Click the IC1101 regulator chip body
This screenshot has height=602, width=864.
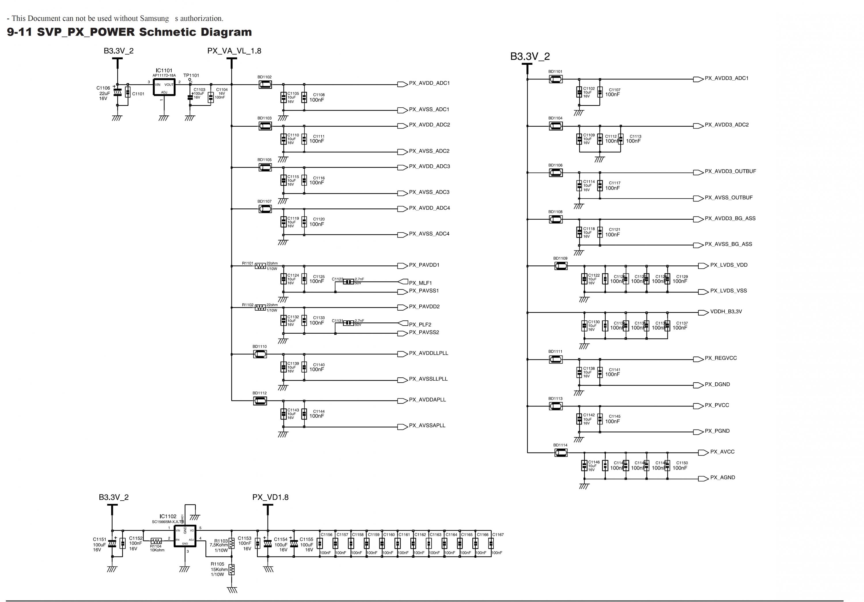(164, 87)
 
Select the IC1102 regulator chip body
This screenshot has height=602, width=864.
(185, 536)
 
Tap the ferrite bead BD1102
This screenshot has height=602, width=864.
(265, 85)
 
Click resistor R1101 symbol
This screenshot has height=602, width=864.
(260, 266)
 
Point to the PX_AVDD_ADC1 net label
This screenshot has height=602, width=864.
(429, 83)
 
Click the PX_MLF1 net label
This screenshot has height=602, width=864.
(420, 283)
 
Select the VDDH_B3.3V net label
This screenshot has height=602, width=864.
(726, 312)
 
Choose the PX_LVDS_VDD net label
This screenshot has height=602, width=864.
(729, 265)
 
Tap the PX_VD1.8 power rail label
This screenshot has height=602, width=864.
(270, 497)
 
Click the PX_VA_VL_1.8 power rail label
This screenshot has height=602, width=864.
(234, 51)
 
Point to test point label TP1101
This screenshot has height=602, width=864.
(191, 75)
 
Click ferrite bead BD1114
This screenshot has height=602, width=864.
(561, 453)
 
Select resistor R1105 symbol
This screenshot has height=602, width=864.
(232, 569)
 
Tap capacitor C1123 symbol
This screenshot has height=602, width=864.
(348, 282)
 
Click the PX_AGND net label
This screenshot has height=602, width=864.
(723, 477)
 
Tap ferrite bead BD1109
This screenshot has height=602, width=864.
(561, 266)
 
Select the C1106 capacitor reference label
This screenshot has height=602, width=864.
(103, 88)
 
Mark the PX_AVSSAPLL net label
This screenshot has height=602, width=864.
(427, 426)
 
